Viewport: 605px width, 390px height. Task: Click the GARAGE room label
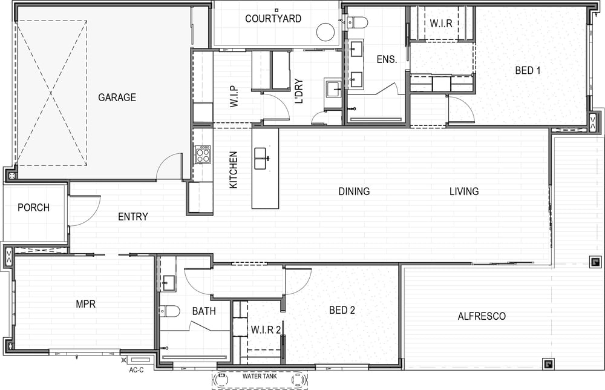coord(117,97)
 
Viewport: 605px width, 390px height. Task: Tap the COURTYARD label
coord(273,19)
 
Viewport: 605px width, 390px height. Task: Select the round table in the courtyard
coord(325,32)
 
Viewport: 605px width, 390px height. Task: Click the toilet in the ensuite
coord(356,22)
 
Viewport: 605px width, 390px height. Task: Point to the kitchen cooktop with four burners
coord(203,154)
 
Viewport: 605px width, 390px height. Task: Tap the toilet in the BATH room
coord(169,311)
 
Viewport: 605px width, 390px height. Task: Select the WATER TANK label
coord(260,376)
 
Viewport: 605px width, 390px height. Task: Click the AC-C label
coord(136,370)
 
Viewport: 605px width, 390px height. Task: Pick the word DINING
coord(354,191)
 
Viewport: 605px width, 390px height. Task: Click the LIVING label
coord(464,191)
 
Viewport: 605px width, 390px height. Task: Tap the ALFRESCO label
coord(482,316)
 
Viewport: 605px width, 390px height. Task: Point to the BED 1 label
coord(528,71)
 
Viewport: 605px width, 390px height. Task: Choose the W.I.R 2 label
coord(266,330)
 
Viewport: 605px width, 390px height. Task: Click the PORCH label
coord(33,208)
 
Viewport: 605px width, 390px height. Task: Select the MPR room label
coord(86,304)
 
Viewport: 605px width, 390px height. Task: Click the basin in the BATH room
coord(168,283)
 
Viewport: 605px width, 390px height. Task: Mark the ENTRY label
coord(132,217)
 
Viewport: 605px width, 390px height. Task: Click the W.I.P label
coord(234,96)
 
